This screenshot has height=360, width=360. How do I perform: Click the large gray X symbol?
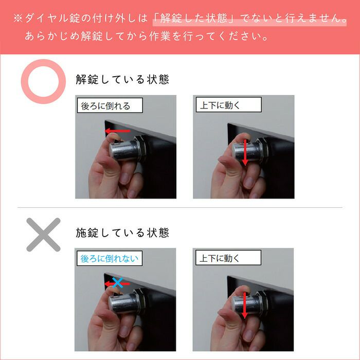click(43, 235)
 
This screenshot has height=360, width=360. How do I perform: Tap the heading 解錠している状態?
click(122, 81)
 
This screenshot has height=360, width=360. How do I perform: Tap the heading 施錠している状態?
click(122, 233)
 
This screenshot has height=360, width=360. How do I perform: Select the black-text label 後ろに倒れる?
click(106, 106)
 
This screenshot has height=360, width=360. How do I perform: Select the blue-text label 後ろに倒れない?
click(110, 259)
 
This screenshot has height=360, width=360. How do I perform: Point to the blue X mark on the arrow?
click(118, 282)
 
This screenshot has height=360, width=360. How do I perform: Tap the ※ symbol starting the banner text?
click(17, 19)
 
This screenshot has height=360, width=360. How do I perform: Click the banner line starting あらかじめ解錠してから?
click(146, 38)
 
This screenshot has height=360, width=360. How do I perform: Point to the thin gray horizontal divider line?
click(180, 208)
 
